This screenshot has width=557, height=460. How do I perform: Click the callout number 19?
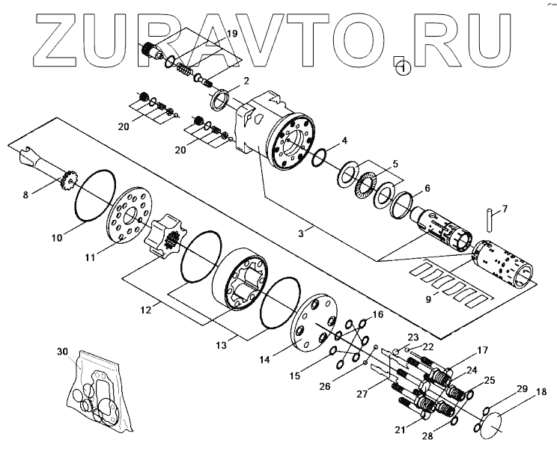(x=231, y=34)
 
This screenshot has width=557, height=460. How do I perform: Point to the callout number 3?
(x=300, y=233)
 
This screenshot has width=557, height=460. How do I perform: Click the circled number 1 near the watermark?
(x=404, y=69)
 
